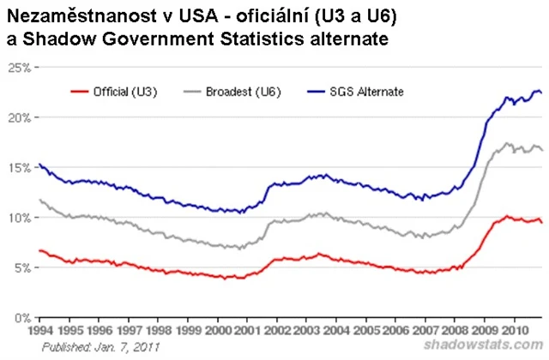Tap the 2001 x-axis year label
[248, 330]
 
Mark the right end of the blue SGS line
[541, 93]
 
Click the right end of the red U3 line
[541, 222]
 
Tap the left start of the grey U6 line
[40, 200]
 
